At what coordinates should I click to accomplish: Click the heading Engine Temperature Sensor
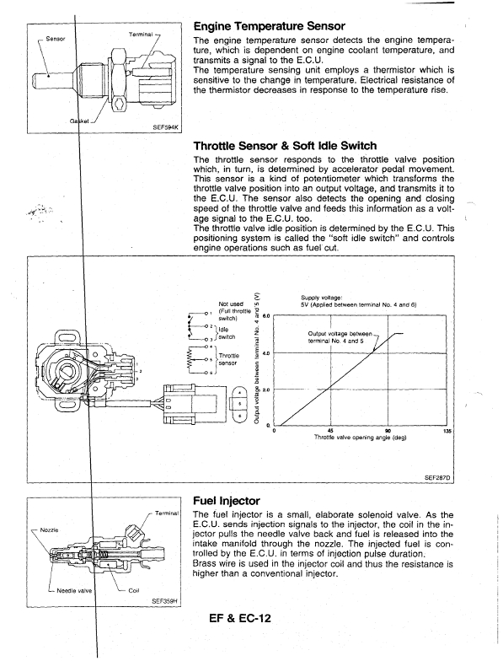(270, 26)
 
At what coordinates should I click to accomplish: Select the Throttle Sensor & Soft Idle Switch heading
(285, 146)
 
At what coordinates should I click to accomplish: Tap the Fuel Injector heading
(226, 501)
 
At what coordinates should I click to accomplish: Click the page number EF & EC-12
(240, 619)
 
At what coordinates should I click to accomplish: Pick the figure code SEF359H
(163, 602)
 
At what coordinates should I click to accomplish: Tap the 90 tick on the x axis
(388, 431)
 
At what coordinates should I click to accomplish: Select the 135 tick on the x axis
(448, 431)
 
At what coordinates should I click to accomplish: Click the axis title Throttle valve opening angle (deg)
(361, 438)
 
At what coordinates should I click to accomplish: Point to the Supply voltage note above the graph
(359, 302)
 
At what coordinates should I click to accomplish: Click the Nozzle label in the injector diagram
(49, 529)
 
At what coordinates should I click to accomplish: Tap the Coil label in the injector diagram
(133, 590)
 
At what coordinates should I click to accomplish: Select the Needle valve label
(74, 590)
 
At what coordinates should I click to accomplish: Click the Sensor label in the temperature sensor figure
(56, 39)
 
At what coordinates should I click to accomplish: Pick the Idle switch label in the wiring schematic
(227, 333)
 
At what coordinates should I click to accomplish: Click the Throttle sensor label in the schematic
(227, 359)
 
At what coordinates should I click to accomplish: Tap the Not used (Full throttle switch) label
(234, 311)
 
